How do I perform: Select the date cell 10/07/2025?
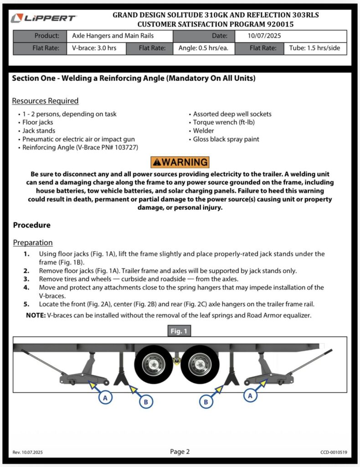pyautogui.click(x=258, y=36)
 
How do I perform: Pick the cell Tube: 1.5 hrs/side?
pyautogui.click(x=315, y=48)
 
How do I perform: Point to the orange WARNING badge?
pyautogui.click(x=180, y=162)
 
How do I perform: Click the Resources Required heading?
pyautogui.click(x=45, y=101)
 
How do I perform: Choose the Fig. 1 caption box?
pyautogui.click(x=180, y=331)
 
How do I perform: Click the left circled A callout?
pyautogui.click(x=105, y=398)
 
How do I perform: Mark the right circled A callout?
pyautogui.click(x=250, y=396)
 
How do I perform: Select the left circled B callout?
pyautogui.click(x=145, y=402)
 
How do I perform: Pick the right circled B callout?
pyautogui.click(x=206, y=402)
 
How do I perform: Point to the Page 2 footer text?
pyautogui.click(x=180, y=452)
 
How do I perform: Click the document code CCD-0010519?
pyautogui.click(x=334, y=452)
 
